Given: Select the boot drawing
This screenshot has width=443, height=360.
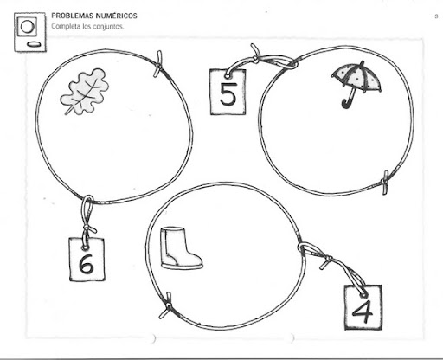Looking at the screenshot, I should (181, 248).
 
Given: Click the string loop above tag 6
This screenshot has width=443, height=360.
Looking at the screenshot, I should (87, 208).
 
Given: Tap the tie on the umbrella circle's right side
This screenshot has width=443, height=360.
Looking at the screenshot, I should (386, 182).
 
